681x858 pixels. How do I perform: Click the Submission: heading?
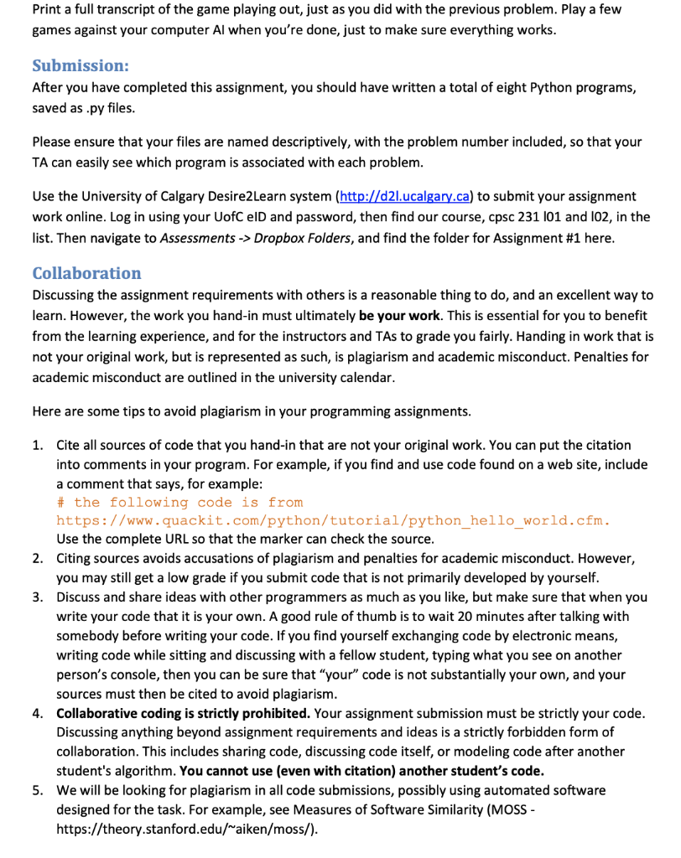click(x=80, y=65)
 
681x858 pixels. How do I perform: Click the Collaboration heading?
click(x=86, y=273)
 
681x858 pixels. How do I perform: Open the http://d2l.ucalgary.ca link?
click(x=403, y=196)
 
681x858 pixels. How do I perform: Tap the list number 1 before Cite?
click(x=38, y=445)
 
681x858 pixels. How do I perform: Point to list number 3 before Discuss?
click(x=38, y=597)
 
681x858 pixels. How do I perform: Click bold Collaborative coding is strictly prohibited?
click(x=184, y=713)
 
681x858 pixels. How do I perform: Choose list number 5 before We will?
click(x=38, y=790)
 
